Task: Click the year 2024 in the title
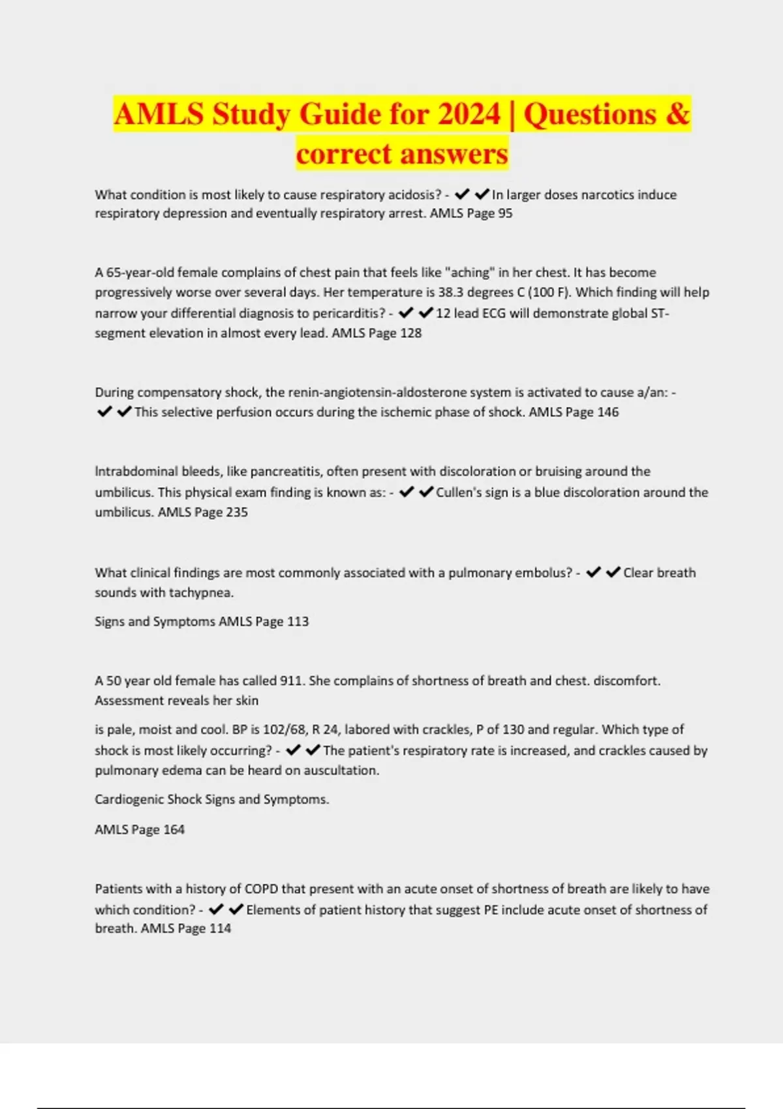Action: click(x=468, y=114)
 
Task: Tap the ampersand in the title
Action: click(x=677, y=114)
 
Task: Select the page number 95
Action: click(x=505, y=213)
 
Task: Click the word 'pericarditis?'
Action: click(x=349, y=313)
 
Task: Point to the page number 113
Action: click(x=298, y=622)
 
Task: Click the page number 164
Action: click(x=174, y=830)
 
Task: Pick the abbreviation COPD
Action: click(x=261, y=889)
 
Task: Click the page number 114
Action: click(x=220, y=928)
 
